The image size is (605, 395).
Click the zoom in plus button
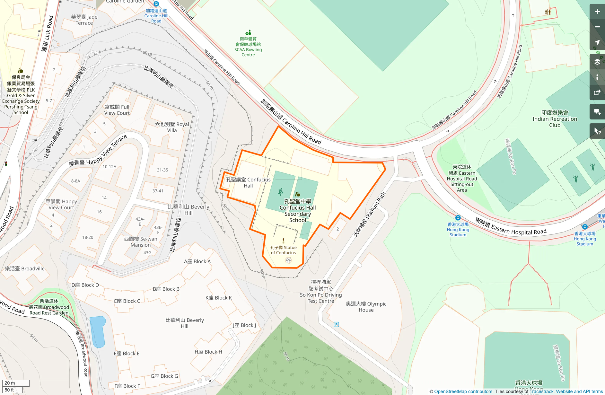tap(597, 12)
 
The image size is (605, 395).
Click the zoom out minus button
tap(597, 27)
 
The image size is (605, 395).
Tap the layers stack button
tap(597, 62)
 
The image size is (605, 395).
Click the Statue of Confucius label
tap(283, 250)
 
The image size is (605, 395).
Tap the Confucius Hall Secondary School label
tap(297, 211)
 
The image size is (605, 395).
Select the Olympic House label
tap(366, 307)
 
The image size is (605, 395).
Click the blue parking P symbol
tap(336, 324)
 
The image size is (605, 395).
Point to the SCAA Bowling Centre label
tap(248, 47)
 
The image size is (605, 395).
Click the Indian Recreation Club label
tap(555, 119)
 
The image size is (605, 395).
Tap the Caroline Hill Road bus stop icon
tap(156, 4)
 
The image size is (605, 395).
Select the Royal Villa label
tap(172, 127)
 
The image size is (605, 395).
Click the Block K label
tap(218, 298)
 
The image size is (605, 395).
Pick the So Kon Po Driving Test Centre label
tap(321, 292)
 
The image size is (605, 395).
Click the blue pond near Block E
tap(98, 331)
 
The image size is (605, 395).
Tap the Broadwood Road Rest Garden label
tap(49, 307)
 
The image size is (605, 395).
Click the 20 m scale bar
tap(15, 383)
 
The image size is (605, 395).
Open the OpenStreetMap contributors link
tap(463, 391)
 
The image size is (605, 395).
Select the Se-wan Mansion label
tap(141, 242)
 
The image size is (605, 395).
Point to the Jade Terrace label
tap(84, 20)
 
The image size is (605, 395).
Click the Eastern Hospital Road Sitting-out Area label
tap(462, 179)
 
